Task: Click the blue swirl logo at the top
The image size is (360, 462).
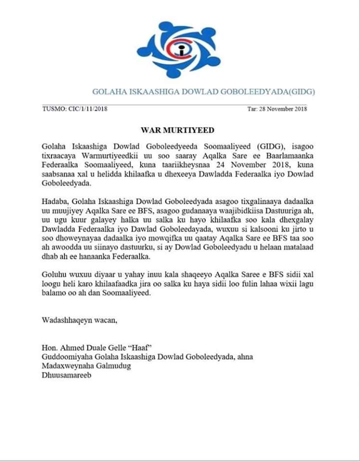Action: click(x=178, y=49)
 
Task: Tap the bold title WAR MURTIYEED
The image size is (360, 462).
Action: click(x=177, y=130)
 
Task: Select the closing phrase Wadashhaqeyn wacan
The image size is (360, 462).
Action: click(x=79, y=319)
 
